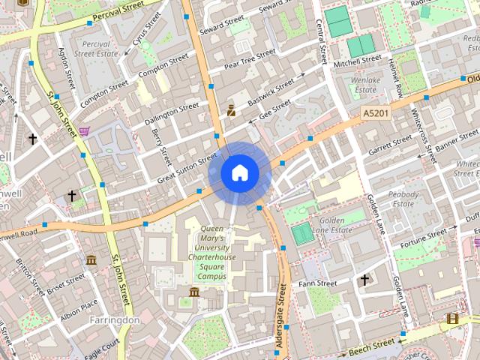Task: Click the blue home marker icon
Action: click(239, 173)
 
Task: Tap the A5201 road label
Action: click(376, 113)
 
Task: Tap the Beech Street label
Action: click(371, 344)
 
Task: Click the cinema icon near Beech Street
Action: click(452, 319)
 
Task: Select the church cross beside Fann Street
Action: click(365, 280)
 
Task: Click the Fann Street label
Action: click(318, 284)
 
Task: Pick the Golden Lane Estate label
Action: click(331, 225)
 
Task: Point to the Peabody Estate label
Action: click(403, 198)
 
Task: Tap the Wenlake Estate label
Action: click(365, 84)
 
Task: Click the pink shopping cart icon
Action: click(85, 131)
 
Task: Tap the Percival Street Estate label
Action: click(97, 49)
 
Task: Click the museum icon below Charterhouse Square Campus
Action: click(194, 292)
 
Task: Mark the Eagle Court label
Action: click(102, 346)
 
